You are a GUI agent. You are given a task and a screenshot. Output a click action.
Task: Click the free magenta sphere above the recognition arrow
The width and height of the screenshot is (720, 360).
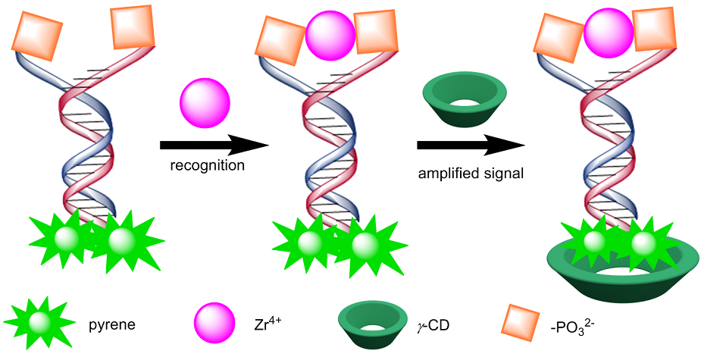pos(205,107)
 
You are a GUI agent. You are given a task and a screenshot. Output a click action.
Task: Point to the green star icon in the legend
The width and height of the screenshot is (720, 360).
pos(38,324)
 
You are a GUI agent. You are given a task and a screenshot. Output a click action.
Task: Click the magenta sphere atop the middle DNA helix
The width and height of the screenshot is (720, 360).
pos(330,33)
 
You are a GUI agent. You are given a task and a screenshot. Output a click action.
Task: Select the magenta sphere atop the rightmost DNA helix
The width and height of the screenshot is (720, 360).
pos(609,33)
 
